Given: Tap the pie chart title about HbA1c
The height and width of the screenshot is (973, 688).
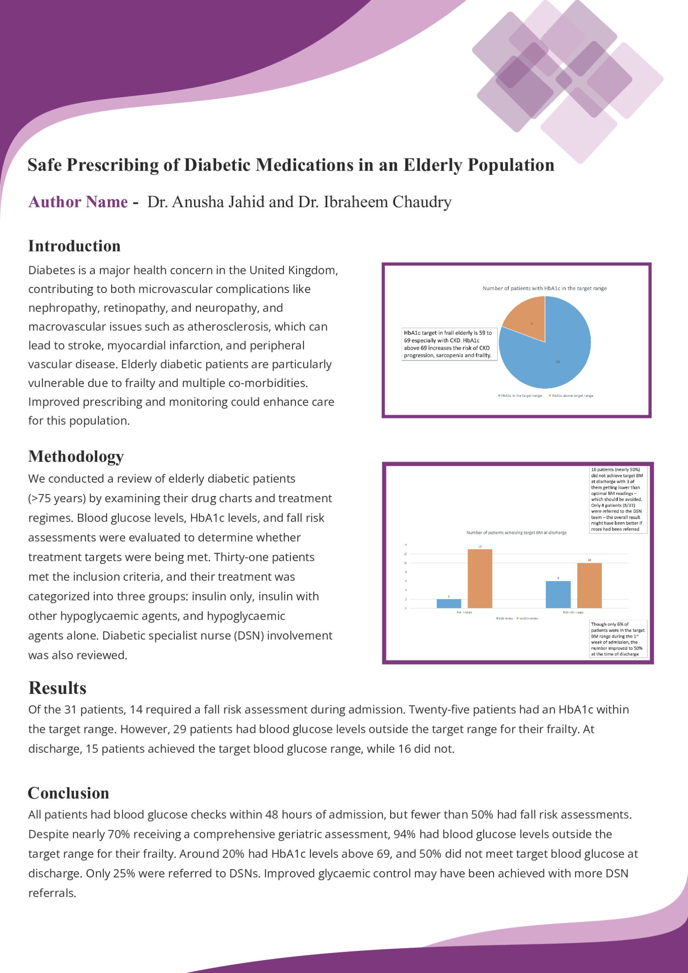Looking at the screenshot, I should tap(544, 288).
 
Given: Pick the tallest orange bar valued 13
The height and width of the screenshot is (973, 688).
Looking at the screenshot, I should tap(480, 579).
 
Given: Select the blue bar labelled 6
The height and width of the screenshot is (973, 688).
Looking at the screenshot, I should tap(558, 594).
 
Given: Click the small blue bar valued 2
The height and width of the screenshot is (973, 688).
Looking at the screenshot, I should tap(449, 604).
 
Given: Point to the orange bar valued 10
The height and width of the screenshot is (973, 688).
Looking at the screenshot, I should tap(589, 585).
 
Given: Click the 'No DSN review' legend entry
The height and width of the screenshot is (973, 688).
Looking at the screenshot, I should tap(528, 619).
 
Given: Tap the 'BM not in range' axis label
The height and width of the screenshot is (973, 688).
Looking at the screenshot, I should tap(573, 612).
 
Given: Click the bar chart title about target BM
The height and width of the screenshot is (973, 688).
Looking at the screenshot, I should tap(516, 533).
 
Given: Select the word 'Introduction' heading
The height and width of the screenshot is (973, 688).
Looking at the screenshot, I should tap(74, 246).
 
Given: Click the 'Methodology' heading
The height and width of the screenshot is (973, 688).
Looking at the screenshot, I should tap(76, 456).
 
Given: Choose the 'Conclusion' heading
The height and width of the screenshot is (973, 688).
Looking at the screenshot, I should tap(68, 793).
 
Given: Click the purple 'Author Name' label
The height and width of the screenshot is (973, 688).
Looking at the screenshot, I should tap(78, 202).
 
